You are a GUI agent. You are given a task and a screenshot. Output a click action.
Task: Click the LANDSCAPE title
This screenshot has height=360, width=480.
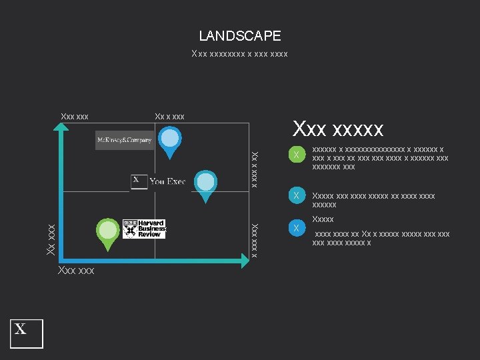240,36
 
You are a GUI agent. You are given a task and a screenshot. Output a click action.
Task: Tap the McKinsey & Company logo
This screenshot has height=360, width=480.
125,140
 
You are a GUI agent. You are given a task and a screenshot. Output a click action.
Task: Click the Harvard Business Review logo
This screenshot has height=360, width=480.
144,228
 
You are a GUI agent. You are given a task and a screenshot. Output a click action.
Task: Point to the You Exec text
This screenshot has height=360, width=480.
167,181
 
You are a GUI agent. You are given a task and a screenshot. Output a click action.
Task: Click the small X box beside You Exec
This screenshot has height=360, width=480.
139,181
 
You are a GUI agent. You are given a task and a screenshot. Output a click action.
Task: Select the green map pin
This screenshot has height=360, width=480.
106,233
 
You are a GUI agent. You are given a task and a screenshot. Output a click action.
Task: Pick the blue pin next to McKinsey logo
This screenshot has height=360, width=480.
171,141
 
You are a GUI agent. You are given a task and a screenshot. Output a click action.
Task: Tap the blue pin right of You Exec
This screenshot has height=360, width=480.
206,183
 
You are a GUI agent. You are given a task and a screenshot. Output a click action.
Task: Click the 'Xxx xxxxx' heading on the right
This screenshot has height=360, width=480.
338,127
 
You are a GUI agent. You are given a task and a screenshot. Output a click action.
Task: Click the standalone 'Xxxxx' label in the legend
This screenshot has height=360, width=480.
323,219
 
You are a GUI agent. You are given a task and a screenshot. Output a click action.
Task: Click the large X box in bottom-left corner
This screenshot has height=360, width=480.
26,333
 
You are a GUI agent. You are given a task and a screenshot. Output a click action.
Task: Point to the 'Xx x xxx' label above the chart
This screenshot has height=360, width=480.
169,117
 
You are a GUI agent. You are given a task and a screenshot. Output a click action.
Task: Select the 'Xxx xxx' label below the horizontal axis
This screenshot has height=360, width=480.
76,271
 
